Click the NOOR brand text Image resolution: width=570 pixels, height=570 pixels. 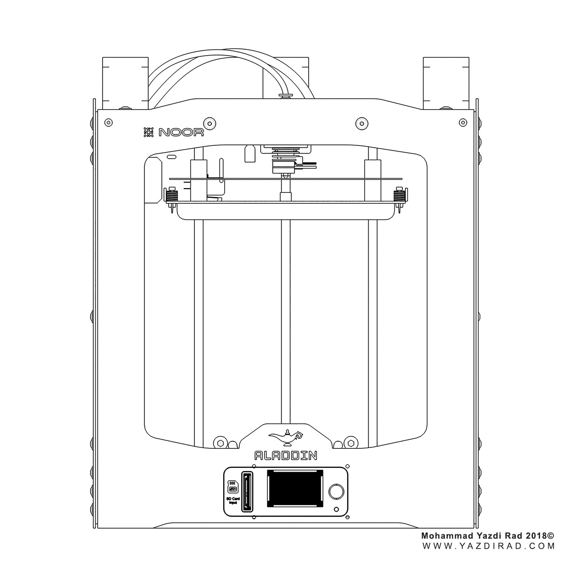(181, 132)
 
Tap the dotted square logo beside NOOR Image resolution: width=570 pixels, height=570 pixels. (149, 132)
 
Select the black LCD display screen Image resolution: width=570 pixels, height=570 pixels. (295, 493)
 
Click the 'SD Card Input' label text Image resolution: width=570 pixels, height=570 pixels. (233, 501)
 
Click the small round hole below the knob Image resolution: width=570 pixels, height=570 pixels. (336, 509)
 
